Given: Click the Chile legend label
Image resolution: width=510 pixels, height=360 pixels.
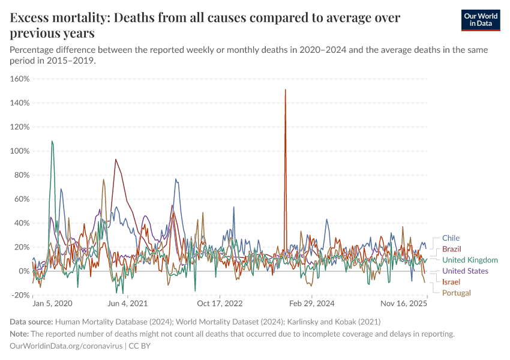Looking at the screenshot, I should point(451,238).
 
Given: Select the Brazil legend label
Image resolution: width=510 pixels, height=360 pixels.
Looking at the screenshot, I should point(452,249).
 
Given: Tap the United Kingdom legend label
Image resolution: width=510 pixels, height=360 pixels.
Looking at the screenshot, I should point(470,260).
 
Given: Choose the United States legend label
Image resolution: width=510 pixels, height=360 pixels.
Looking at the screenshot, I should point(465,271).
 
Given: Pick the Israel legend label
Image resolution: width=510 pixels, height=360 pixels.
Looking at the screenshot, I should point(451,281).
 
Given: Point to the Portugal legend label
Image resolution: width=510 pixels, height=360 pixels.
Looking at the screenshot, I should point(457,293).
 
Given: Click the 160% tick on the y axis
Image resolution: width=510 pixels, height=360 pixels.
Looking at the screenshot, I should point(20,79).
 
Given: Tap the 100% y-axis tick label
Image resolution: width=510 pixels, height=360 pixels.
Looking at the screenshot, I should point(20,151).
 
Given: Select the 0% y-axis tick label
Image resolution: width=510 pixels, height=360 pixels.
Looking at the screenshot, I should point(24,271).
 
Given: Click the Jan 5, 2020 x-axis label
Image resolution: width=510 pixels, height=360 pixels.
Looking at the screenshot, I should point(52,304).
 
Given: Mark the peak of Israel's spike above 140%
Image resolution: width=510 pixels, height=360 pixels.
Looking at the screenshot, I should point(285,90).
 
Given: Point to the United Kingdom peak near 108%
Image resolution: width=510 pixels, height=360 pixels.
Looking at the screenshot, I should point(52,141).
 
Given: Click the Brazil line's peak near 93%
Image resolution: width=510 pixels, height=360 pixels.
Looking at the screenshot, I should point(115,160).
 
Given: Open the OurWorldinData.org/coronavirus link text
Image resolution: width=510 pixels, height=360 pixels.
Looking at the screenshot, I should point(66,346).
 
